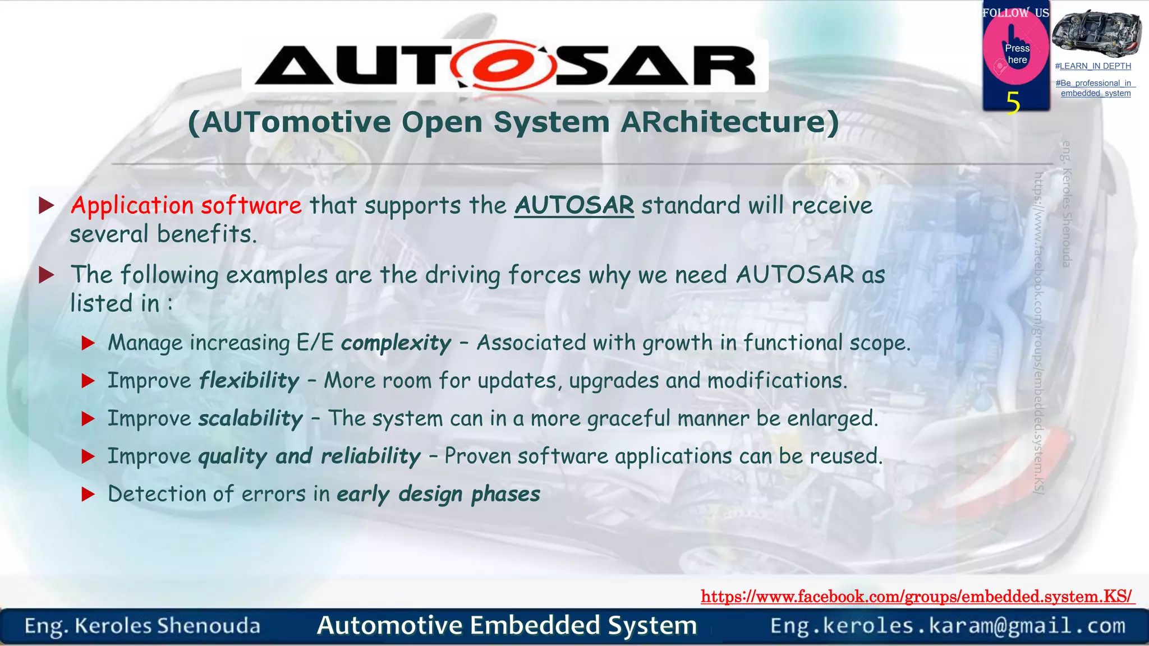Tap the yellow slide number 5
coord(1013,103)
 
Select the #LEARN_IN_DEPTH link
coord(1093,66)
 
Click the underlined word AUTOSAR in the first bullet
coord(574,205)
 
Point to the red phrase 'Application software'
coord(186,205)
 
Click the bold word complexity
coord(396,343)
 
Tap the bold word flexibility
coord(249,380)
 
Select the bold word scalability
coord(250,418)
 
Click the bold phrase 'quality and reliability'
coord(309,456)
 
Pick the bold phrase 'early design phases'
coord(438,494)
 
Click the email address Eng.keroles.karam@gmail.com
coord(948,626)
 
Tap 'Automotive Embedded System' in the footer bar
coord(507,625)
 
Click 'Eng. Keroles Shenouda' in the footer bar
coord(143,626)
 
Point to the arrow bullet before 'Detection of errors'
coord(88,494)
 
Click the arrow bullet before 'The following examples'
coord(47,275)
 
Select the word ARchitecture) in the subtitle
coord(729,122)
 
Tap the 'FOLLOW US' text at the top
coord(1015,12)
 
